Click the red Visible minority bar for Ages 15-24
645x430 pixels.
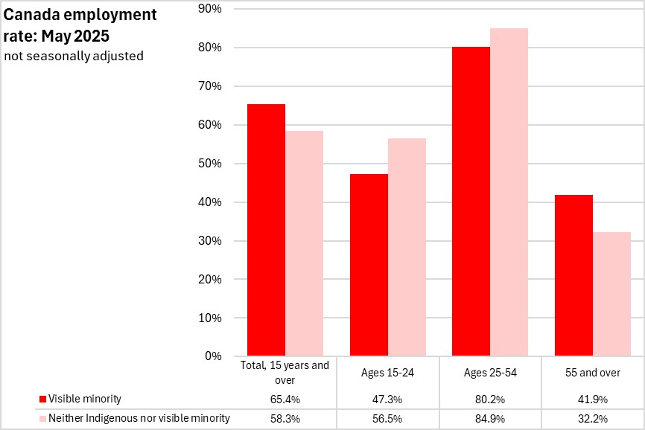[x=369, y=265]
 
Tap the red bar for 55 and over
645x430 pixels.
[x=574, y=275]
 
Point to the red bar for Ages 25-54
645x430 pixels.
[x=471, y=201]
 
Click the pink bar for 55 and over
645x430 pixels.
[x=611, y=294]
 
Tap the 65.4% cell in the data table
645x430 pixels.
[x=285, y=399]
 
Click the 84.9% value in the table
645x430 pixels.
[x=490, y=418]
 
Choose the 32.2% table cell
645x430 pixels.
[x=593, y=418]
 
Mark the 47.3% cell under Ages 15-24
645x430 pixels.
[x=387, y=399]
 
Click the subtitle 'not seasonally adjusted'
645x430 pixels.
[x=73, y=56]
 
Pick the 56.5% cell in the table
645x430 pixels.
[x=387, y=418]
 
